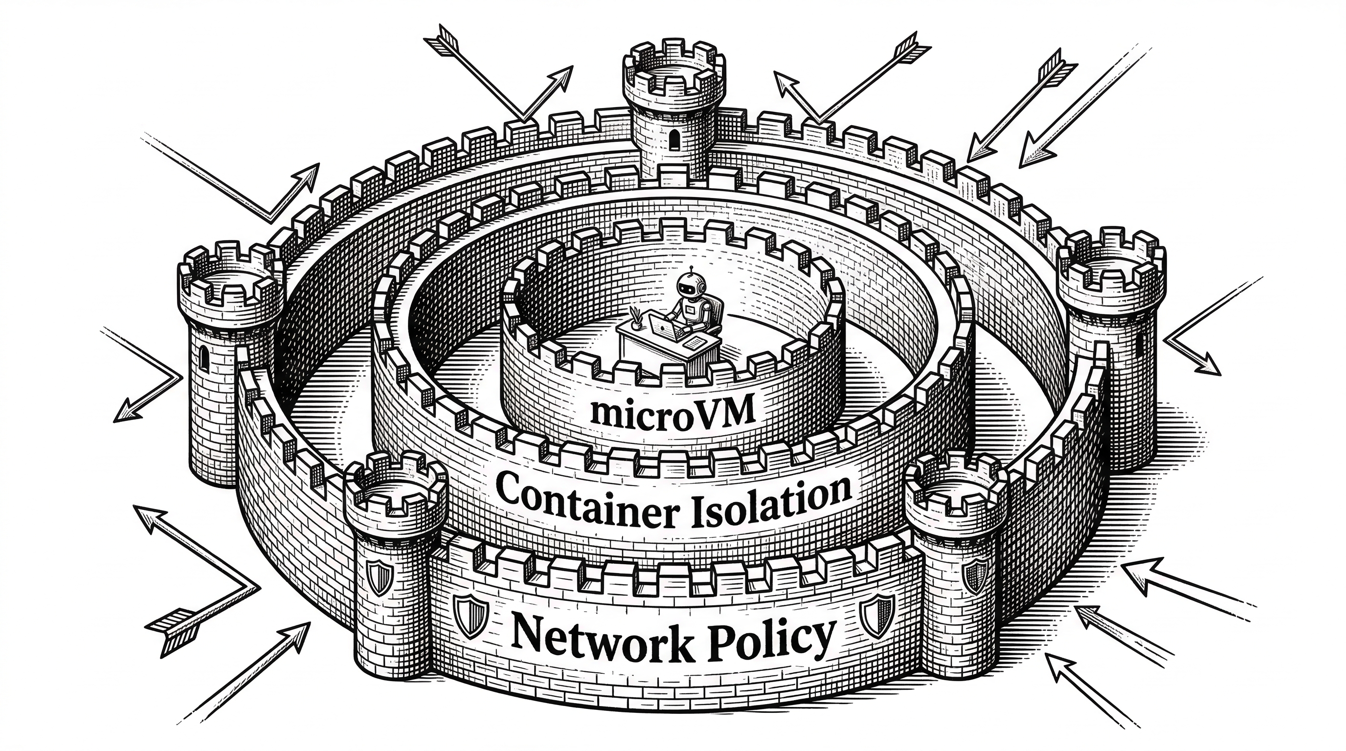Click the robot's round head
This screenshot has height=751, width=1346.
tap(691, 286)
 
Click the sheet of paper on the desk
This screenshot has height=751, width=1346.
tap(695, 343)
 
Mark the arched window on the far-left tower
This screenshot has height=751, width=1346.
tap(204, 358)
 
